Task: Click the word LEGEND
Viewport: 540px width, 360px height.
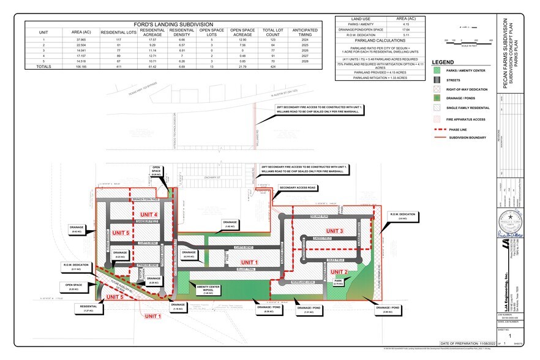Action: (x=443, y=62)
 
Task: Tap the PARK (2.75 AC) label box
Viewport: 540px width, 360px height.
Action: (x=339, y=283)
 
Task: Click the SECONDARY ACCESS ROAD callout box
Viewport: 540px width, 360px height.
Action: (x=297, y=187)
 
